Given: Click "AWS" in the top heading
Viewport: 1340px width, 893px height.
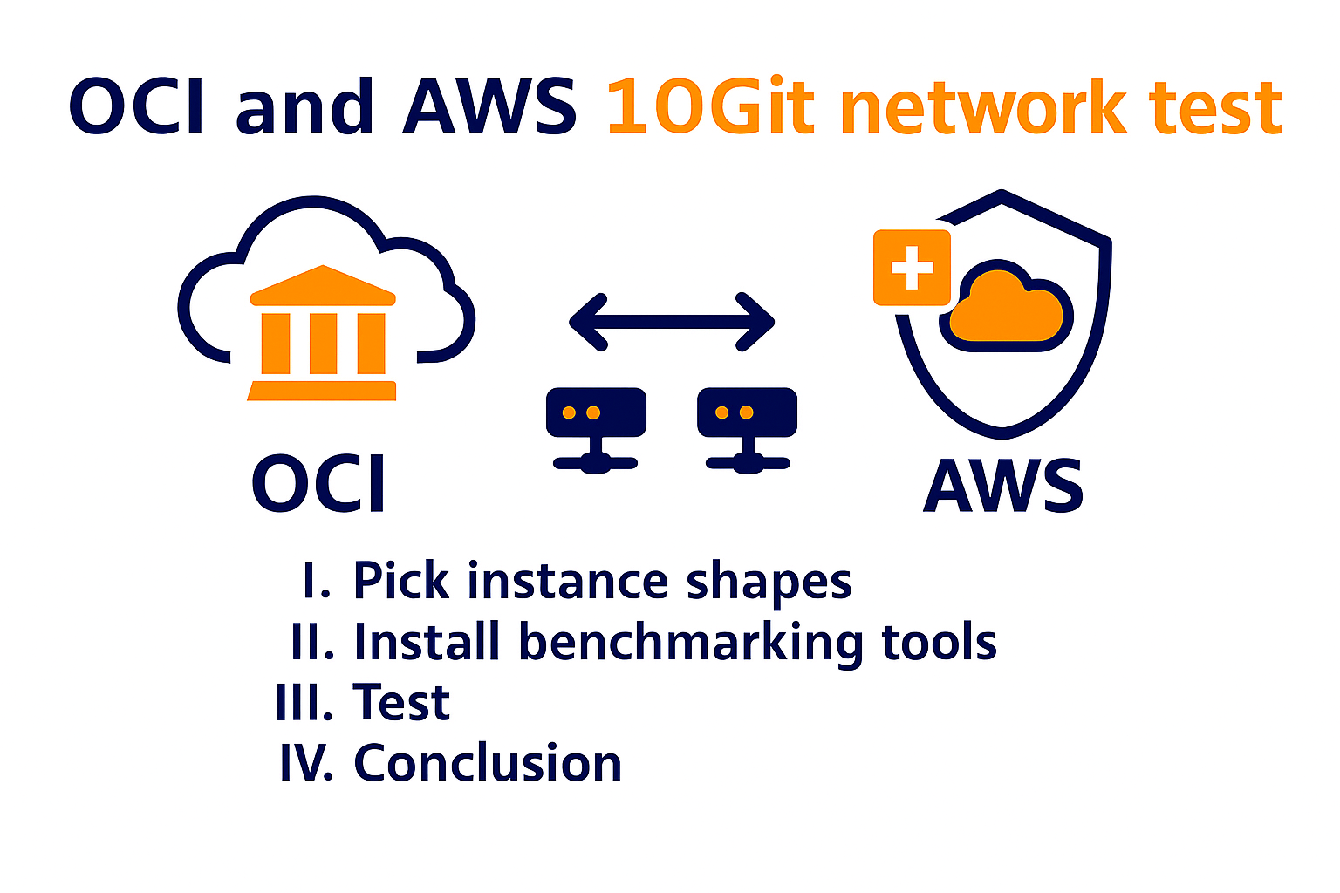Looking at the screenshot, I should (x=489, y=107).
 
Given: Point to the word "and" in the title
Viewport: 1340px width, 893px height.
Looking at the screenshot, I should (x=304, y=107).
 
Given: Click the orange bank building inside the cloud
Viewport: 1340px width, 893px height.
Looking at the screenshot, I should (x=323, y=333).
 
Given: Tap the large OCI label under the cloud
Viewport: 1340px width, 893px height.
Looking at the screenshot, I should (x=318, y=484).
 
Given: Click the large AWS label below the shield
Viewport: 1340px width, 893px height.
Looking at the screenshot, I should (x=1003, y=486).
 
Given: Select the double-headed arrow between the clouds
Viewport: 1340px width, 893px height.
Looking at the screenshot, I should (x=672, y=322).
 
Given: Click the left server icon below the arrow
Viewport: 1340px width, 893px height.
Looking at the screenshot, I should (x=596, y=427).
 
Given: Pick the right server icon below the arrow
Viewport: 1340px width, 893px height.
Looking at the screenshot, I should (x=748, y=427).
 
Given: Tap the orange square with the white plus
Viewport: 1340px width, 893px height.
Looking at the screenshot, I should (x=913, y=268).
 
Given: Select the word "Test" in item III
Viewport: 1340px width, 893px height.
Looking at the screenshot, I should (x=401, y=703).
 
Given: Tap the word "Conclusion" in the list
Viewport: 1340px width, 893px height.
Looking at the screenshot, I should (x=487, y=764).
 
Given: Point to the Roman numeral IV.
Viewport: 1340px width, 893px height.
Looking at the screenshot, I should (x=305, y=764).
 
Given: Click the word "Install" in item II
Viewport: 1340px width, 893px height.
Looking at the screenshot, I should (x=427, y=643).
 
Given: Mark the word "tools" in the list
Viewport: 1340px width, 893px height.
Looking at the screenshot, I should (x=939, y=643).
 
